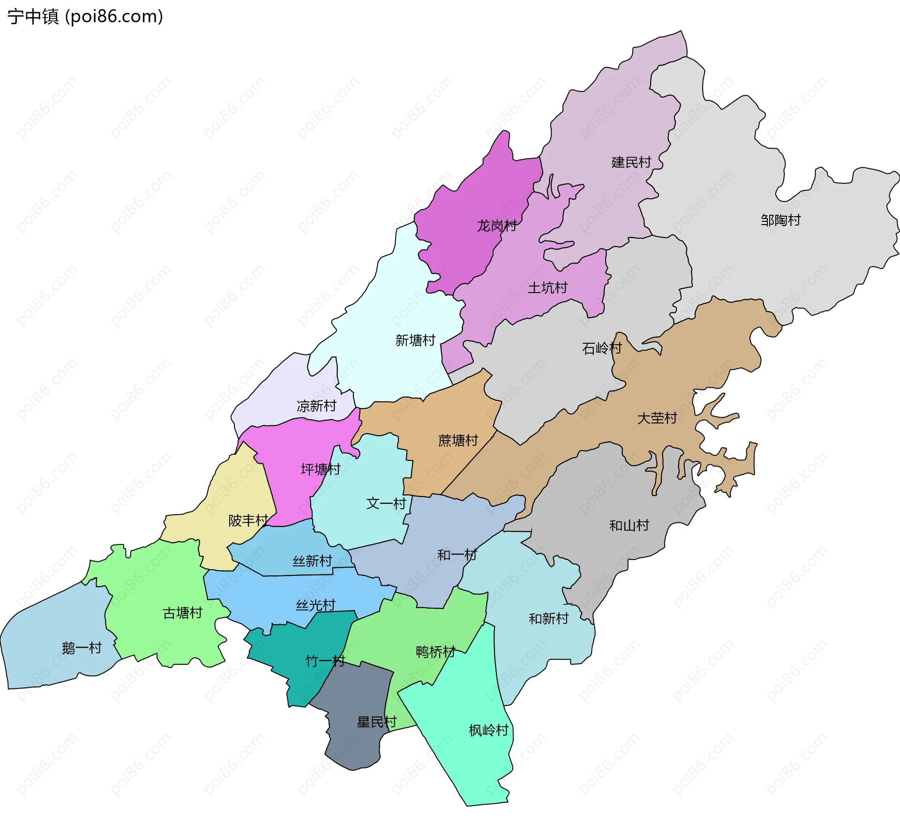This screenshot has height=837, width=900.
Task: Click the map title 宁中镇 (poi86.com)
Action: pyautogui.click(x=85, y=16)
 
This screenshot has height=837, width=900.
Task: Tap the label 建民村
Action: pyautogui.click(x=631, y=163)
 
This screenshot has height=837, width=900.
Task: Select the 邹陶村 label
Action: pyautogui.click(x=780, y=220)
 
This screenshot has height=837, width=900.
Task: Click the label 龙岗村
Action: pyautogui.click(x=496, y=226)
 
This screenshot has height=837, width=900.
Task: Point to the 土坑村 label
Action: pyautogui.click(x=547, y=288)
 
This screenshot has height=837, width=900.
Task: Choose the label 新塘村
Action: pyautogui.click(x=415, y=340)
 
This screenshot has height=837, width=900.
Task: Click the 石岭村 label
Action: pyautogui.click(x=601, y=348)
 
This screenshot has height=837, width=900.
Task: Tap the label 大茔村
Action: pyautogui.click(x=657, y=418)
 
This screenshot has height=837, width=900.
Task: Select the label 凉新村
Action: pyautogui.click(x=316, y=406)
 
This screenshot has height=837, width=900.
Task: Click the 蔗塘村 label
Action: pyautogui.click(x=457, y=441)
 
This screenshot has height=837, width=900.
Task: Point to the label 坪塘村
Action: pyautogui.click(x=320, y=469)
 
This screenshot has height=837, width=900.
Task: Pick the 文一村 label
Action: pyautogui.click(x=386, y=504)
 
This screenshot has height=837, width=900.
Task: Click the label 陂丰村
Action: pyautogui.click(x=248, y=521)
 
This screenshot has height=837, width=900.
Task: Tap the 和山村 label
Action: pyautogui.click(x=629, y=526)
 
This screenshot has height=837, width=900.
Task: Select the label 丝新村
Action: pyautogui.click(x=312, y=561)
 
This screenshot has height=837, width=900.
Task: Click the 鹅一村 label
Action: pyautogui.click(x=82, y=648)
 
